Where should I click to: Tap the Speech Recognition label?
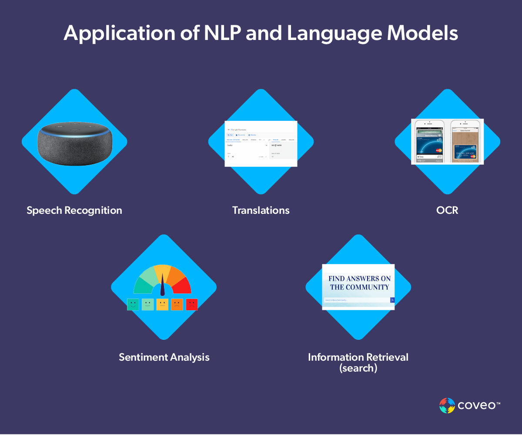(74, 210)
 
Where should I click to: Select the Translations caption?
(261, 210)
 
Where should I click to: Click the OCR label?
(447, 210)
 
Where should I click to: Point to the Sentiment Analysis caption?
(164, 357)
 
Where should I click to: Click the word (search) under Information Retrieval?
(358, 368)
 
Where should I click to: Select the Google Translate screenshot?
(261, 144)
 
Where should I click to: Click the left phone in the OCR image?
(429, 142)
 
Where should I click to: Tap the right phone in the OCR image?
(465, 142)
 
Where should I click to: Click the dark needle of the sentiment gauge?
(163, 287)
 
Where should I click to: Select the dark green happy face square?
(133, 304)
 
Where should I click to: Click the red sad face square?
(192, 304)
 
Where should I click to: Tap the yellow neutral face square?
(162, 304)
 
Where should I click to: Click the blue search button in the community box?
(392, 300)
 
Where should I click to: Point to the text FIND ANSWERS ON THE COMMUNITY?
(359, 282)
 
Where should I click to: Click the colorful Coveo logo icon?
(447, 405)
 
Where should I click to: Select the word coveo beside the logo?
(476, 405)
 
